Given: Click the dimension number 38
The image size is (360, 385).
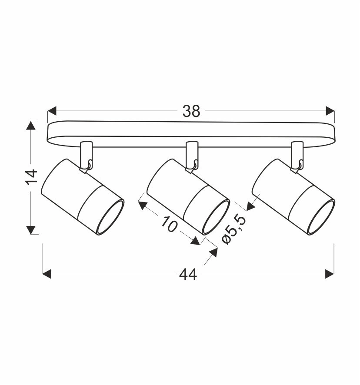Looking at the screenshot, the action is pyautogui.click(x=191, y=111).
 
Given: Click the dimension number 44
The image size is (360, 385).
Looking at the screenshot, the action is pyautogui.click(x=188, y=274).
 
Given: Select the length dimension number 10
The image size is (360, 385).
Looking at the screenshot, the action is pyautogui.click(x=169, y=224).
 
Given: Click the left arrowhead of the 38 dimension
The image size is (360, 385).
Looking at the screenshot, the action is pyautogui.click(x=52, y=111).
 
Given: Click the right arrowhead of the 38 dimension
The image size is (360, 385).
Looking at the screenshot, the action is pyautogui.click(x=330, y=111).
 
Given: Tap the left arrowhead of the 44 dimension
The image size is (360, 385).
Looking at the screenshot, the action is pyautogui.click(x=47, y=274).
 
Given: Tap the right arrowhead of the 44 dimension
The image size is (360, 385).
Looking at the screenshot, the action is pyautogui.click(x=330, y=274).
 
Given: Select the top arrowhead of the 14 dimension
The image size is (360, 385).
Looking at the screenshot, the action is pyautogui.click(x=31, y=125).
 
